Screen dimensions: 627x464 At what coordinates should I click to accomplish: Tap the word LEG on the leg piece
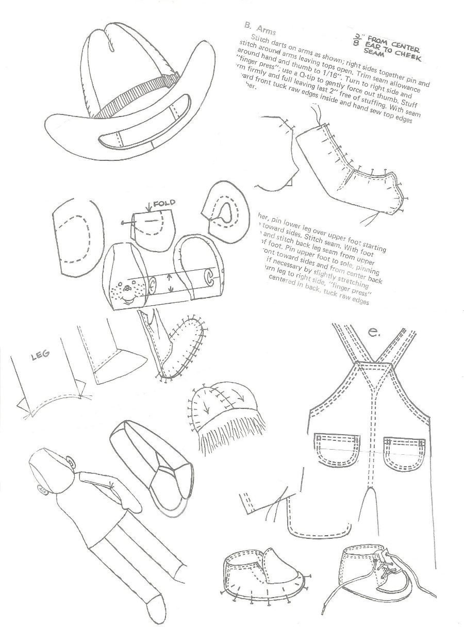tap(37, 356)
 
